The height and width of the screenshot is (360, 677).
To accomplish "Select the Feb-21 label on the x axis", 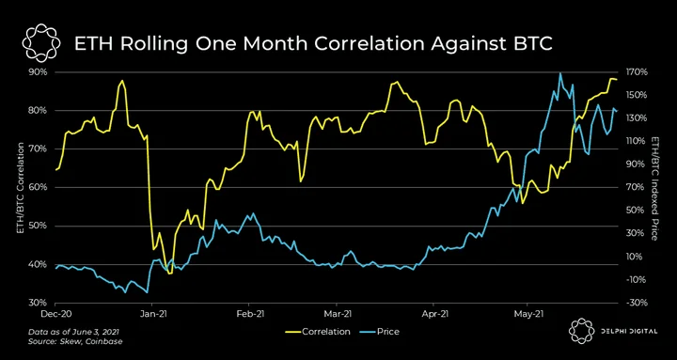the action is click(249, 313).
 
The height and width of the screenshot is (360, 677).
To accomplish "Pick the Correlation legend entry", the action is click(318, 332).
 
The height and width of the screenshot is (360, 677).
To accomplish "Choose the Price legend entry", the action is click(381, 332).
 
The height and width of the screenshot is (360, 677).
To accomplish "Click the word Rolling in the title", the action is click(152, 43).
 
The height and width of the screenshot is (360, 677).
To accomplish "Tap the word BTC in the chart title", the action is click(531, 43).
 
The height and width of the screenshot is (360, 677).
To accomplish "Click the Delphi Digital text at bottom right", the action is click(628, 332).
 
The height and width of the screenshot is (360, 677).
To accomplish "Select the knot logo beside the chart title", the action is click(39, 42).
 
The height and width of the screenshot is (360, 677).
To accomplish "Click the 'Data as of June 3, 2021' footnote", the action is click(74, 333).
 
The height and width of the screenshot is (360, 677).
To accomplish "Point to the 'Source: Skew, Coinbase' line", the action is click(75, 342).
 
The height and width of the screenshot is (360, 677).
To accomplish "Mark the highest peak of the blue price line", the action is click(560, 73).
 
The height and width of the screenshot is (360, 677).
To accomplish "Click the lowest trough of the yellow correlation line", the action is click(169, 274).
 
